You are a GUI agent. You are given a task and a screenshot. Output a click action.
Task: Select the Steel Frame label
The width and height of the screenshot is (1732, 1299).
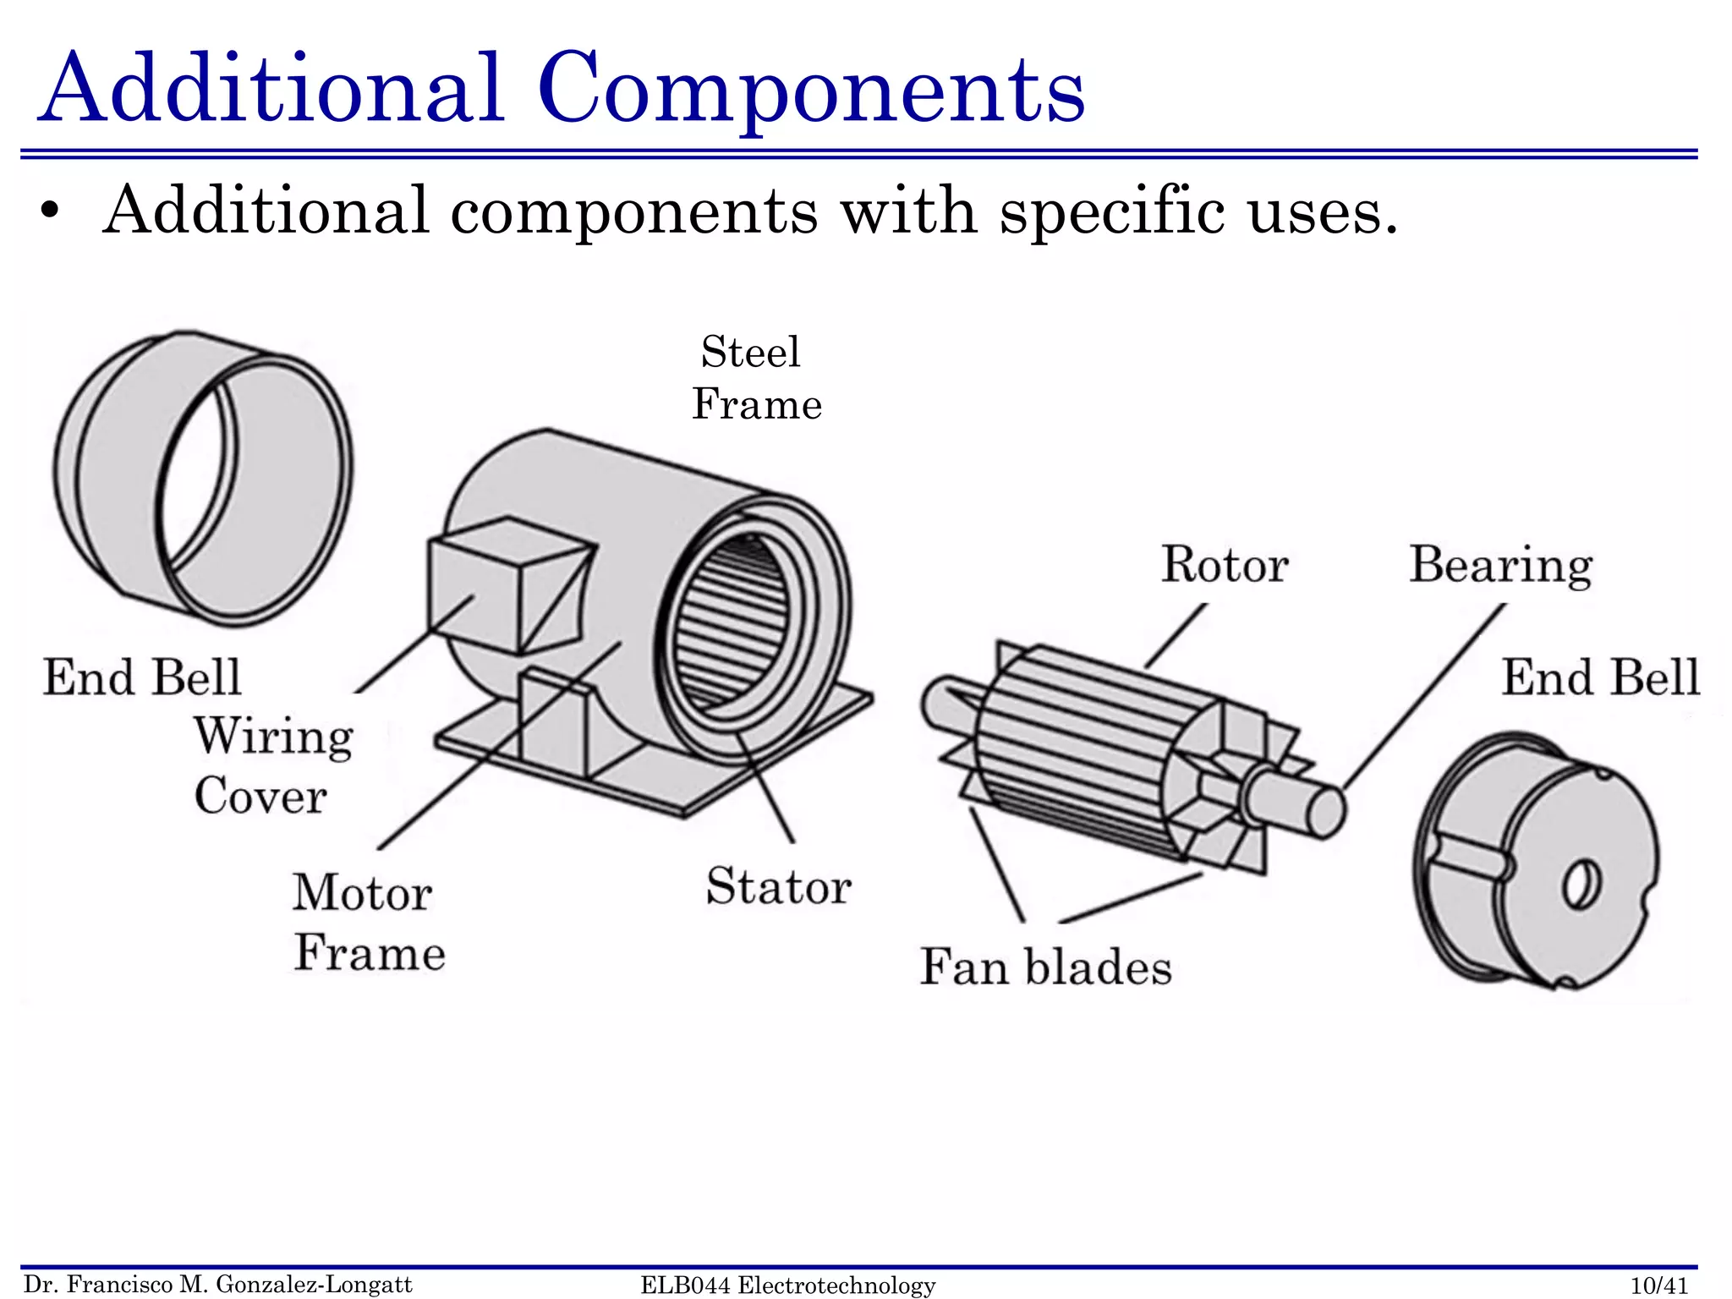(755, 378)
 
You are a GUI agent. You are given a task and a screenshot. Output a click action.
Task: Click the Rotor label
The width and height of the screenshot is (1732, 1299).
(1224, 564)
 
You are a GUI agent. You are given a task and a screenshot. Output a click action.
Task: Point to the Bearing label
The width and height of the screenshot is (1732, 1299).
(1499, 564)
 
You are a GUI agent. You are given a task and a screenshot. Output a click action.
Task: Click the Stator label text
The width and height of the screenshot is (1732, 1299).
(778, 886)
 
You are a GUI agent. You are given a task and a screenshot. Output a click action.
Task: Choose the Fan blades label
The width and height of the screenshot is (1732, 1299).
(1045, 967)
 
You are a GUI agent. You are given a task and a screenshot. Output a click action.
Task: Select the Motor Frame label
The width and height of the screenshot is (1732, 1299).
(368, 922)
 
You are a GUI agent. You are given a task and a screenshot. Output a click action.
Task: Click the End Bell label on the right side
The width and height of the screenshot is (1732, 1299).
(1599, 677)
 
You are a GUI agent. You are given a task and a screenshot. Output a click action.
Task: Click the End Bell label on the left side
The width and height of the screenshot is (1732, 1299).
(142, 677)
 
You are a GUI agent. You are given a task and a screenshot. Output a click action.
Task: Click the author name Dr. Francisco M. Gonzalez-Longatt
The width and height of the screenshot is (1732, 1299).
(218, 1285)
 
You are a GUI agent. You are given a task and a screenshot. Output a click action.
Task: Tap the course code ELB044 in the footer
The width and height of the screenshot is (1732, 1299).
(685, 1285)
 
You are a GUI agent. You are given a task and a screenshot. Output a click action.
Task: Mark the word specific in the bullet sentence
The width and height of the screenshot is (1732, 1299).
(1111, 211)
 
